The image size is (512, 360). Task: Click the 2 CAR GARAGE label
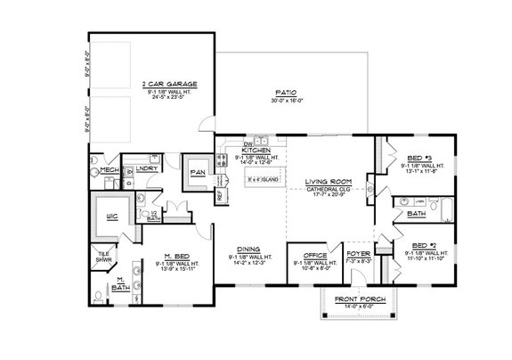click(169, 84)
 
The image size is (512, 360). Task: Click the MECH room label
click(109, 169)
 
